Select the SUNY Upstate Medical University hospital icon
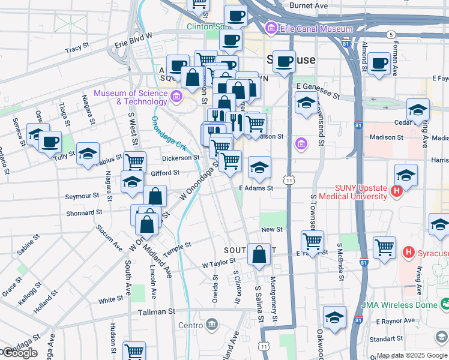point(396,192)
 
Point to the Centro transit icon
point(211,325)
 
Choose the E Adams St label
point(256,188)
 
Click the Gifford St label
point(165,173)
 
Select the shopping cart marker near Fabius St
point(135,161)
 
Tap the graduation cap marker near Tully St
point(88,154)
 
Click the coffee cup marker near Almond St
point(379,63)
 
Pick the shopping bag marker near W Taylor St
point(259,254)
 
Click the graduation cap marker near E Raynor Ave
point(334,316)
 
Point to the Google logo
point(19,353)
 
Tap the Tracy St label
point(77,46)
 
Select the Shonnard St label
point(83,212)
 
